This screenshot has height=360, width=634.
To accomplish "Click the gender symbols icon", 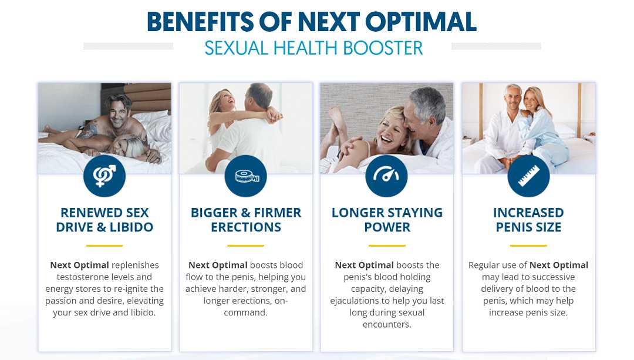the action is pyautogui.click(x=104, y=176).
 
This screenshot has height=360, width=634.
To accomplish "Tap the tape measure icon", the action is pyautogui.click(x=246, y=176).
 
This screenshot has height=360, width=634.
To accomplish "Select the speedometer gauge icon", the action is pyautogui.click(x=386, y=176).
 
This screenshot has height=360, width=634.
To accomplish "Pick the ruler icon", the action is pyautogui.click(x=528, y=176).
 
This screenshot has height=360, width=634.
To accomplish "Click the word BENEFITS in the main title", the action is pyautogui.click(x=200, y=22).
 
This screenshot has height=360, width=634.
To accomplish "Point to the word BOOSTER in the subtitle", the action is pyautogui.click(x=383, y=48).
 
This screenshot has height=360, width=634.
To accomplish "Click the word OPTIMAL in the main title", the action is pyautogui.click(x=420, y=22).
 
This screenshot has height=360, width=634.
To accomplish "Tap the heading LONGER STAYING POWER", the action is pyautogui.click(x=387, y=220).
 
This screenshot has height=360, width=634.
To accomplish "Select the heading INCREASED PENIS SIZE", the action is pyautogui.click(x=528, y=220).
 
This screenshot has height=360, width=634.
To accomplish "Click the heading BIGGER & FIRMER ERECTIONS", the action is pyautogui.click(x=246, y=220).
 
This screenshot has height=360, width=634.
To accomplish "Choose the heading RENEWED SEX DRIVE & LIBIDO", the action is pyautogui.click(x=104, y=220).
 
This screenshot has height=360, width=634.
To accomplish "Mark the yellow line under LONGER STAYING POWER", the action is pyautogui.click(x=387, y=245).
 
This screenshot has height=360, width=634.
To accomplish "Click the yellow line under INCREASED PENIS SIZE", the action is pyautogui.click(x=528, y=245).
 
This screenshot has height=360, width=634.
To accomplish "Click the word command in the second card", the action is pyautogui.click(x=245, y=312).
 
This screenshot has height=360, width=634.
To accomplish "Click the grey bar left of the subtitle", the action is pyautogui.click(x=128, y=46).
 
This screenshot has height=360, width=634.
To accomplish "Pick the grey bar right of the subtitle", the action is pyautogui.click(x=496, y=46).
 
